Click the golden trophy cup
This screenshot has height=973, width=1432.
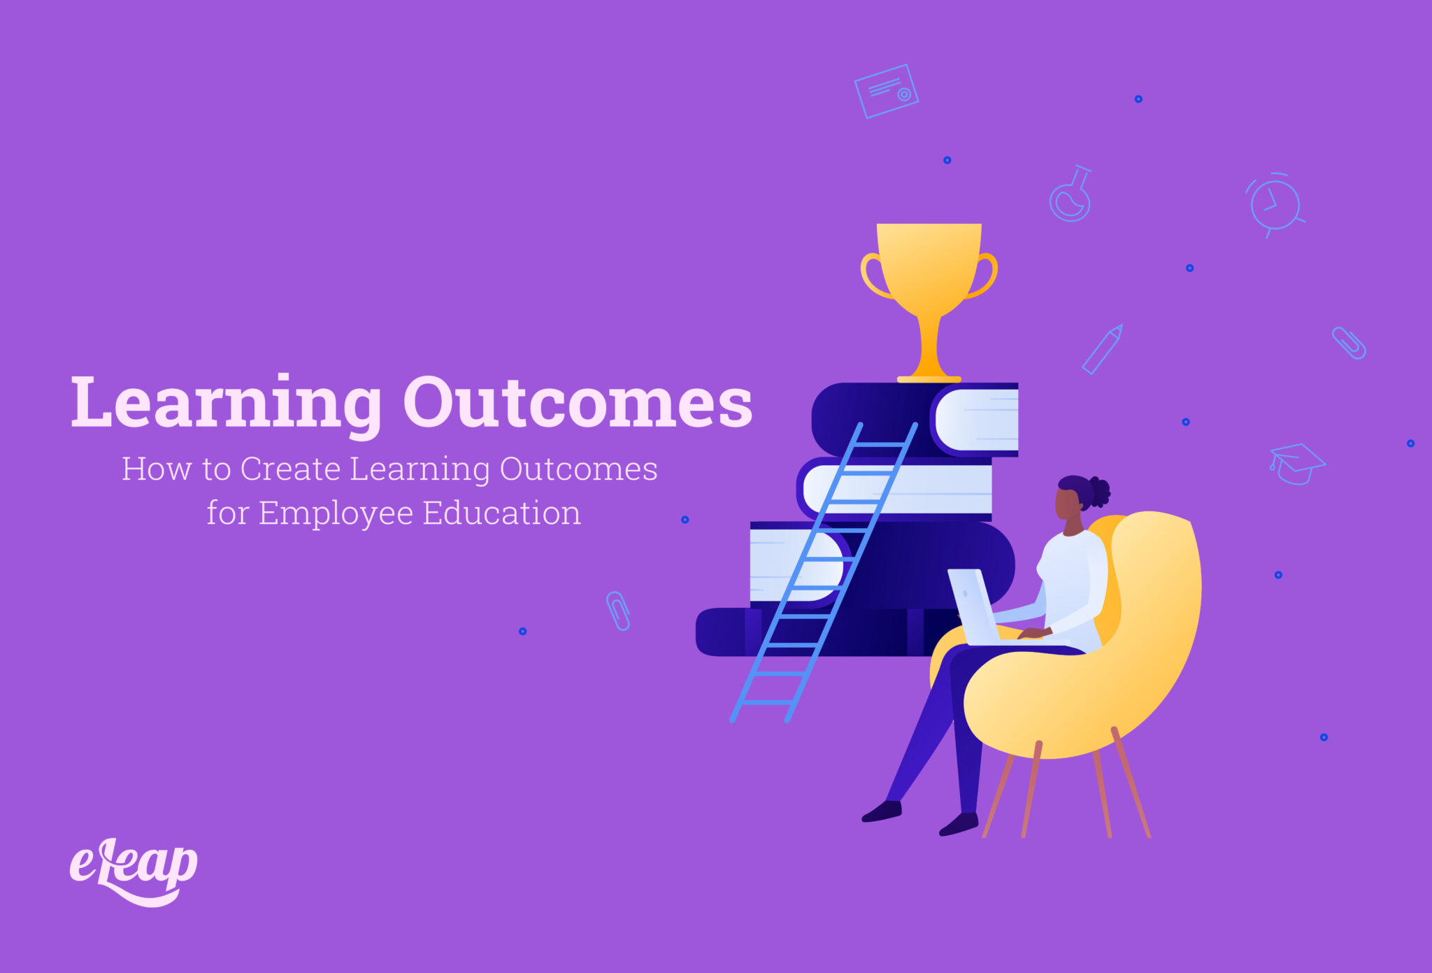(x=929, y=280)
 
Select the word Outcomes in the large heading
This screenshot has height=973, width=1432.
(x=578, y=403)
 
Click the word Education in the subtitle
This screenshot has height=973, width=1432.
(x=501, y=513)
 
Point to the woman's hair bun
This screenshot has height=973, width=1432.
(x=1099, y=491)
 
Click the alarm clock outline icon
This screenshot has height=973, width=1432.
(x=1275, y=205)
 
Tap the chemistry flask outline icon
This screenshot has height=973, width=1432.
(x=1071, y=195)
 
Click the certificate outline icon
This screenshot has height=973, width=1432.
(x=886, y=91)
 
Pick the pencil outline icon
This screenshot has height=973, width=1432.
(x=1102, y=348)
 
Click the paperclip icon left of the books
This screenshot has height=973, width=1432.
(x=618, y=610)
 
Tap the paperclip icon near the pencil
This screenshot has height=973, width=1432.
(x=1348, y=343)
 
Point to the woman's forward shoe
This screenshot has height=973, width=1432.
(x=882, y=811)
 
